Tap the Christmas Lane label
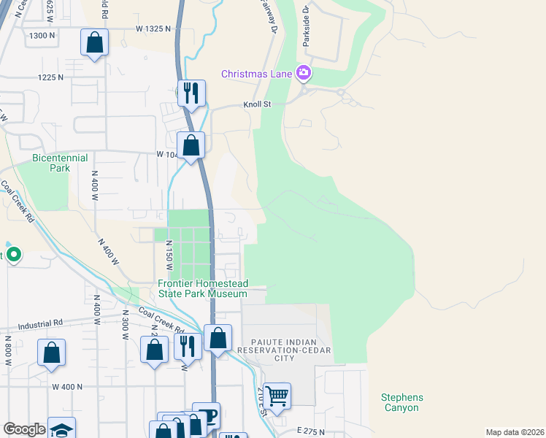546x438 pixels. tap(256, 74)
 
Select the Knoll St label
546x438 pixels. tap(257, 104)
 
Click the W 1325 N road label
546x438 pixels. tap(153, 28)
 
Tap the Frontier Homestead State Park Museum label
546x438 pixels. tap(203, 288)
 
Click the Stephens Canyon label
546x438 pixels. tap(401, 402)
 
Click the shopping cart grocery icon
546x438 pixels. tap(277, 396)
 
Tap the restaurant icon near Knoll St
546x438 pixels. tap(191, 93)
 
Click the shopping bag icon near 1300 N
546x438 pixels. tap(95, 42)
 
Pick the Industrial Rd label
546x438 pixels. tap(40, 325)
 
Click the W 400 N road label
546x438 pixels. tap(66, 386)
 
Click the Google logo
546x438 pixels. tap(24, 429)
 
